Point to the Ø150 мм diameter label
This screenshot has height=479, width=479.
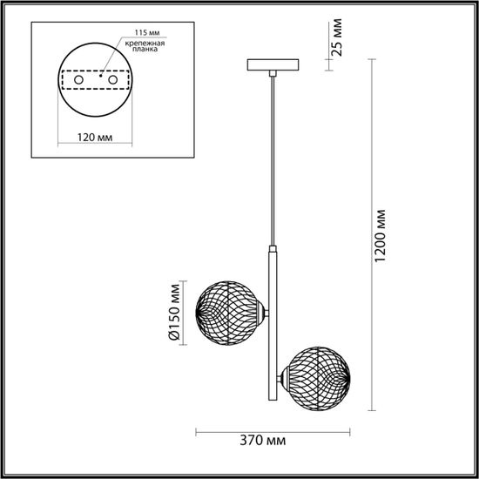pos(174,312)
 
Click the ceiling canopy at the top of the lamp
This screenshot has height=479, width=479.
pos(273,66)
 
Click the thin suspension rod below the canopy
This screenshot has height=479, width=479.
pos(273,157)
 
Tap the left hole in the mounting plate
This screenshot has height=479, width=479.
pos(80,80)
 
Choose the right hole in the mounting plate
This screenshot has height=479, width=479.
pos(112,80)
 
